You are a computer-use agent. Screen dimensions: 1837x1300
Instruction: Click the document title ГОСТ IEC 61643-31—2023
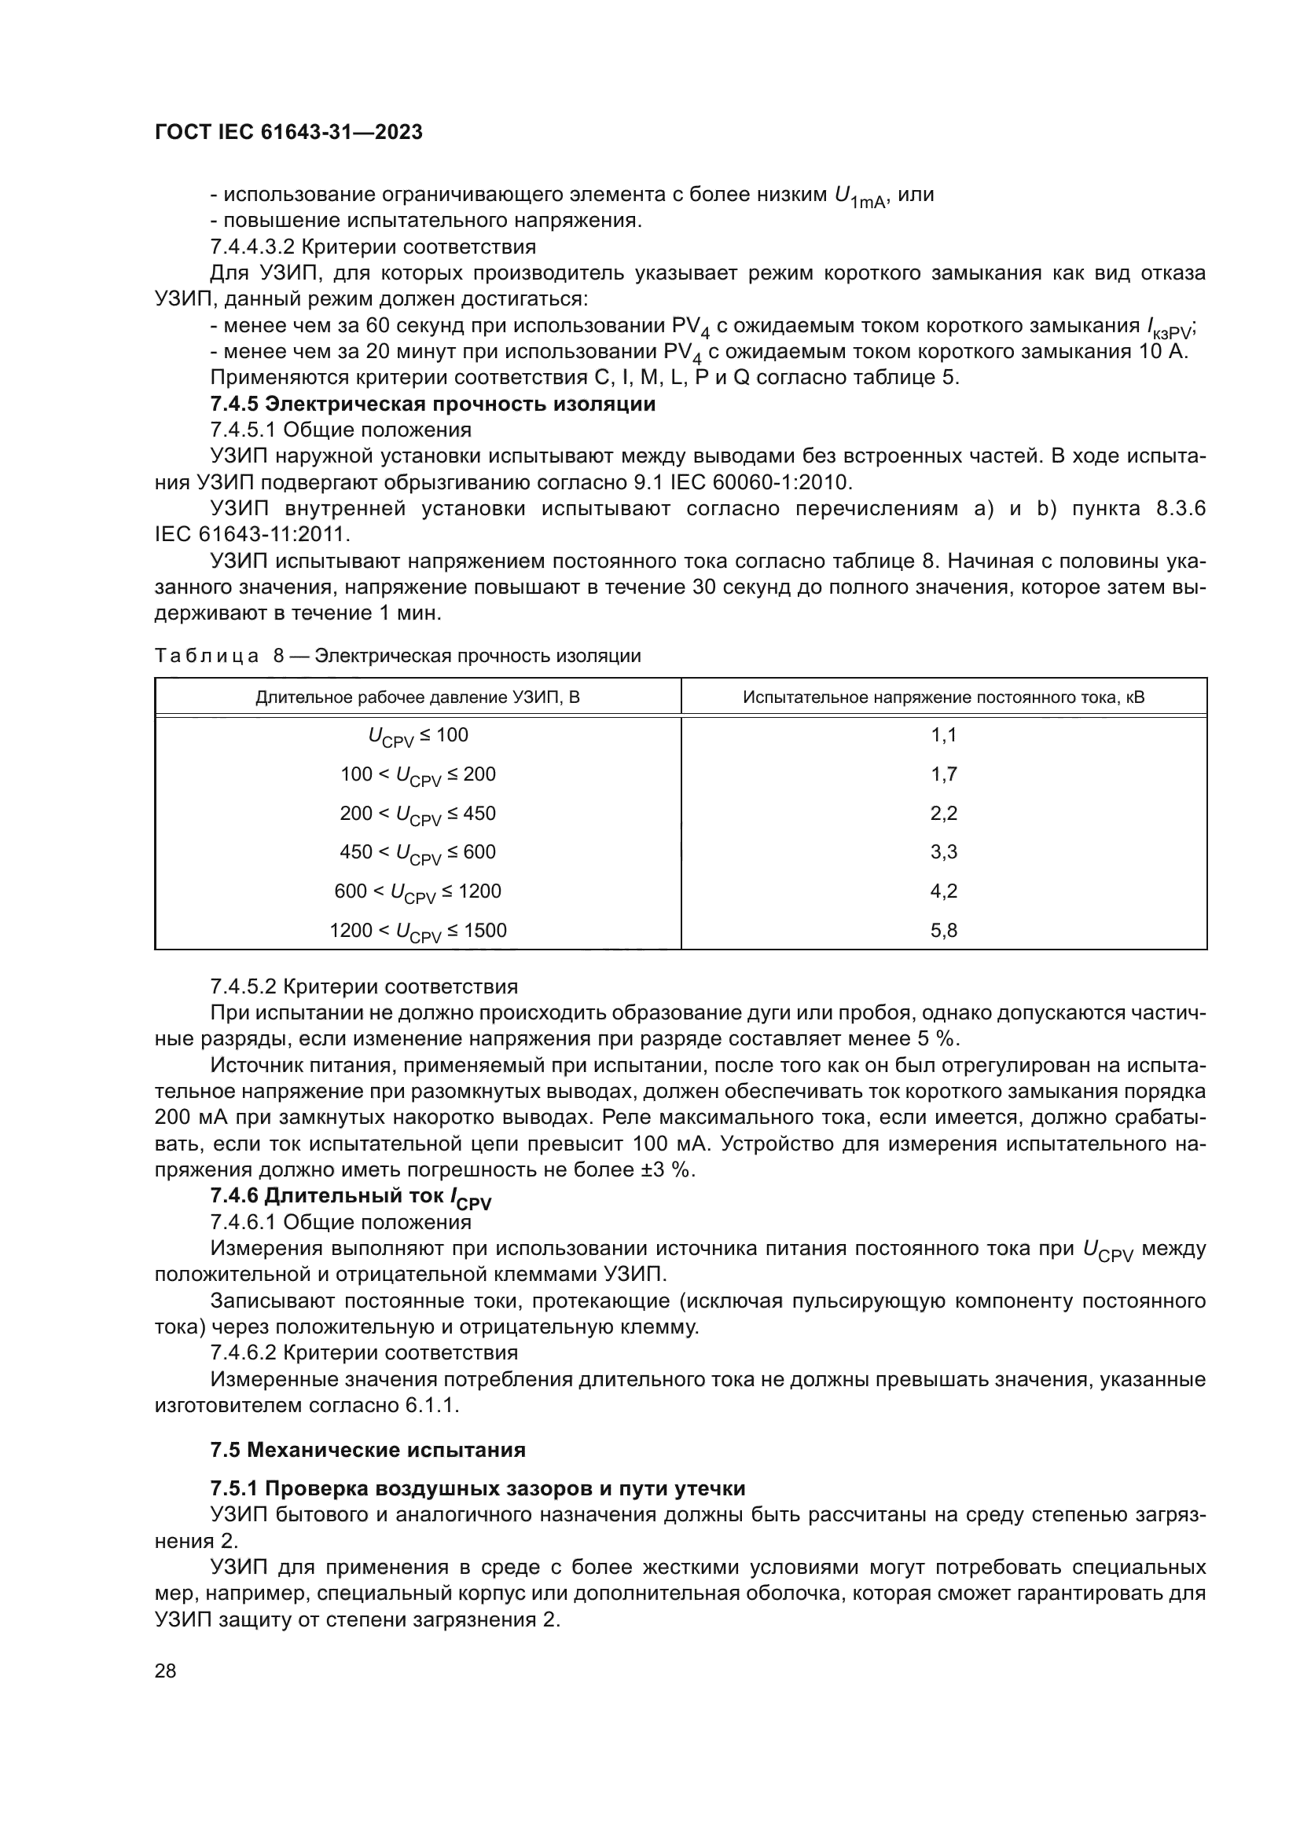(288, 133)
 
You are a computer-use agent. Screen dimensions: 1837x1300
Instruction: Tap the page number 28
(166, 1671)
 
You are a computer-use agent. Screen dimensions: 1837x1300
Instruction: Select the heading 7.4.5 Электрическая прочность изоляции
(432, 404)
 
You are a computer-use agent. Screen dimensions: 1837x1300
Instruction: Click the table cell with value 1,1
(944, 735)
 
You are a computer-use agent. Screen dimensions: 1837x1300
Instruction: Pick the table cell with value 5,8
(944, 931)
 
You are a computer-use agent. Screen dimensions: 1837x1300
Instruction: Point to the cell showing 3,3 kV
(944, 852)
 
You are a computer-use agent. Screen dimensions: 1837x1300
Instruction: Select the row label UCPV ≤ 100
(418, 736)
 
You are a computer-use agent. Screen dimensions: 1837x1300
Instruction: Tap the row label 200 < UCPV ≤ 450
(418, 814)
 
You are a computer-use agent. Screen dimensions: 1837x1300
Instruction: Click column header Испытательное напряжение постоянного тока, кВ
(944, 697)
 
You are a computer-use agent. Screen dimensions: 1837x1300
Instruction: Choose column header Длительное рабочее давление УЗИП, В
(418, 697)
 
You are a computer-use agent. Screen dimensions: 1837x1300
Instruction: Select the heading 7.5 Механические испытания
(368, 1450)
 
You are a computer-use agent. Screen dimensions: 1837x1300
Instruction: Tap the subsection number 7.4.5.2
(244, 986)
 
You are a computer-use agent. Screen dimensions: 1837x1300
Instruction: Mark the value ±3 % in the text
(667, 1169)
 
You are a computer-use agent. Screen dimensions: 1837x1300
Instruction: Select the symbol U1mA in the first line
(859, 197)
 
